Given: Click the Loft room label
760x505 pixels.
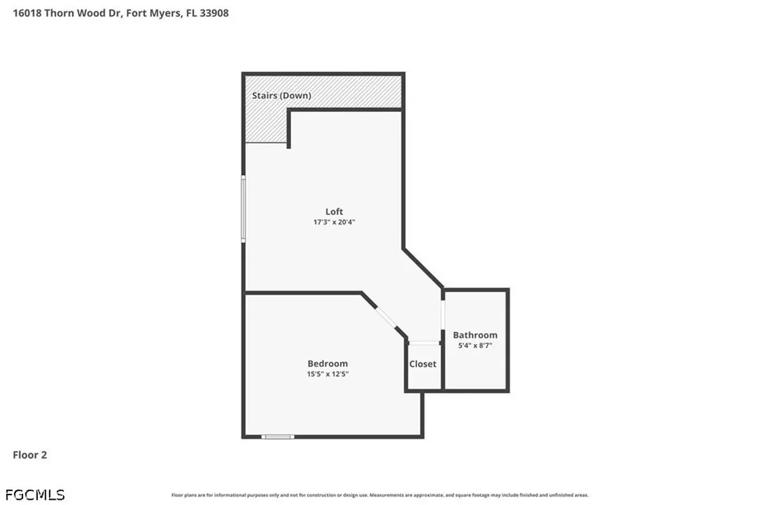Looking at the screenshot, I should click(334, 211).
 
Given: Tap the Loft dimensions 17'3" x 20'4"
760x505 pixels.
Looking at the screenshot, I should click(334, 222).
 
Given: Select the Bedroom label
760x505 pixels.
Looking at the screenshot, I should click(327, 363).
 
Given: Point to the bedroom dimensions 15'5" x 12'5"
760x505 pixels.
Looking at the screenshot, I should click(327, 374).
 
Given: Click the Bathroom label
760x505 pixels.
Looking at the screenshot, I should click(475, 335).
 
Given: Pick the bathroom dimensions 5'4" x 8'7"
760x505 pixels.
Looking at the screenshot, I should click(475, 346).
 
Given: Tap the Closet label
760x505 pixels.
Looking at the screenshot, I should click(423, 364).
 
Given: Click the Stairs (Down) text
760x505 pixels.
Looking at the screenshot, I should click(281, 96).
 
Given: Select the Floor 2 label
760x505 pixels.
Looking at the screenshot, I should click(30, 455).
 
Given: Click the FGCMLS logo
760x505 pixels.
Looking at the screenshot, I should click(35, 494).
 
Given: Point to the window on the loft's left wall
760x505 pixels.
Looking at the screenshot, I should click(243, 208).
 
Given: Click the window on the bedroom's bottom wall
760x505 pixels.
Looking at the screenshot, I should click(278, 436).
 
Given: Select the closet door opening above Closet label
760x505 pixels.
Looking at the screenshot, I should click(424, 343).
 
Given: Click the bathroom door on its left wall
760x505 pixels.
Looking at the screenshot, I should click(443, 314).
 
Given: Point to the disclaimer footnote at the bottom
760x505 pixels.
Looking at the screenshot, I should click(380, 495).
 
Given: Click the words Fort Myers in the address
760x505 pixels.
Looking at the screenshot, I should click(158, 13).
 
